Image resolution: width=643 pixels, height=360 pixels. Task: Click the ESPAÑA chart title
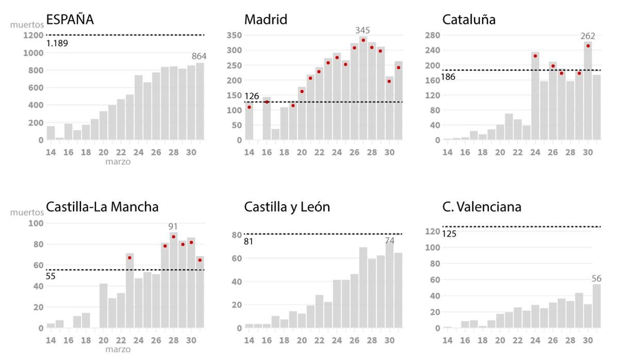coord(70,20)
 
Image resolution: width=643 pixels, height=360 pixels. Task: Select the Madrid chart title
coord(266,20)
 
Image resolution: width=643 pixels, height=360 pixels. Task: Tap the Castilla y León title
coord(287,207)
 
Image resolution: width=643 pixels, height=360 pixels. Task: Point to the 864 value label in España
coord(199,56)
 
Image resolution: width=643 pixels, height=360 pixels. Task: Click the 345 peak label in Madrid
coord(362,30)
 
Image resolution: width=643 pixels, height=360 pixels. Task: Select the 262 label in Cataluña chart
coord(587,36)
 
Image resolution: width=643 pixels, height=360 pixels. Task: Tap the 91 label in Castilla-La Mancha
coord(173,226)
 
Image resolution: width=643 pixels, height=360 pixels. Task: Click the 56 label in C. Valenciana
coord(597,279)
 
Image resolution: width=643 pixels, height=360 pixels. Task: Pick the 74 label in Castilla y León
coord(389,240)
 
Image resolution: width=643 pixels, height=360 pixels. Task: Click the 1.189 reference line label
coord(57,43)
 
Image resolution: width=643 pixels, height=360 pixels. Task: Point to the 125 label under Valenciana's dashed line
coord(449,234)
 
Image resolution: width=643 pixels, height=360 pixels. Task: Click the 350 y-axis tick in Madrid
coord(234,35)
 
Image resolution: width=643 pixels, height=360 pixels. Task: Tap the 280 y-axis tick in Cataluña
coord(432,35)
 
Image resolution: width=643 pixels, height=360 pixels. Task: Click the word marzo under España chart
coord(118,162)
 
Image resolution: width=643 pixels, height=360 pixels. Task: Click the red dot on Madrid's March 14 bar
coord(249,107)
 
